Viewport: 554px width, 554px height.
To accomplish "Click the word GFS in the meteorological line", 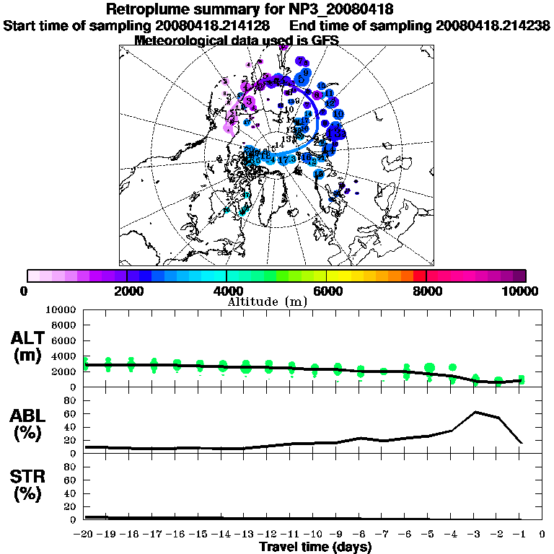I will (325, 40).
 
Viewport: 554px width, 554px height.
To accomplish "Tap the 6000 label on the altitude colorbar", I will (327, 291).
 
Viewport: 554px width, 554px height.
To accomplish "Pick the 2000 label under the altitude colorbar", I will (127, 291).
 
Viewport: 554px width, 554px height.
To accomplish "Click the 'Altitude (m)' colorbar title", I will (268, 301).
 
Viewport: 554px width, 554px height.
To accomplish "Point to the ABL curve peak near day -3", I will (475, 412).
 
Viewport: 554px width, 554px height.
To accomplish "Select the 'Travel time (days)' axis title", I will (315, 547).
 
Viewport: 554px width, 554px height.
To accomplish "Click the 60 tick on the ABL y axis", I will (71, 413).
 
